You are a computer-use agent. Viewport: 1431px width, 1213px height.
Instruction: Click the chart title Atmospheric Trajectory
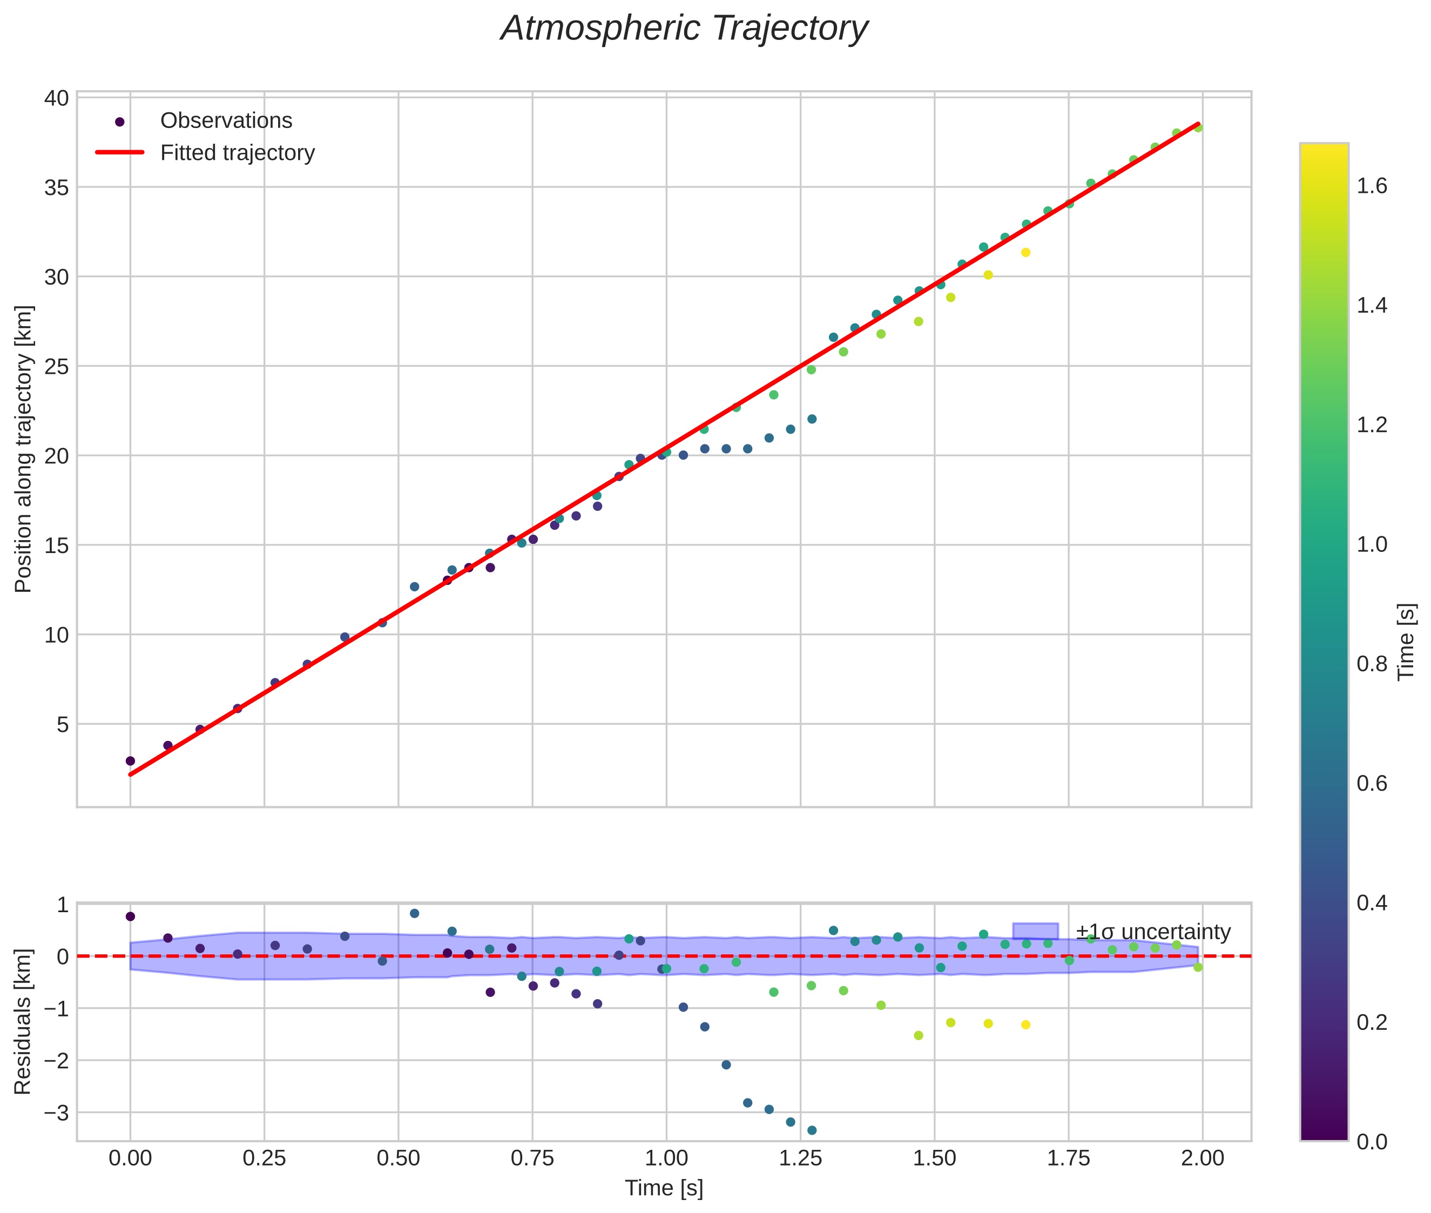pyautogui.click(x=684, y=29)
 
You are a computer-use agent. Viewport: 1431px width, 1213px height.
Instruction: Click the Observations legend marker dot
pyautogui.click(x=120, y=122)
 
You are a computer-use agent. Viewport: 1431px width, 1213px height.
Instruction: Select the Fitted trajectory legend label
pyautogui.click(x=237, y=153)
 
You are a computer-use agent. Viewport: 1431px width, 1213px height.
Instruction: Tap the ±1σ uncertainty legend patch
pyautogui.click(x=1035, y=932)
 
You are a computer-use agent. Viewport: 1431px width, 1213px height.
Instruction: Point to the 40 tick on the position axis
pyautogui.click(x=56, y=98)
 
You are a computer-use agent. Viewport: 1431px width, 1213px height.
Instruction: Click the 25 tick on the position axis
pyautogui.click(x=56, y=367)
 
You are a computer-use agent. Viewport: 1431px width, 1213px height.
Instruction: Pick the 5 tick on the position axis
pyautogui.click(x=63, y=724)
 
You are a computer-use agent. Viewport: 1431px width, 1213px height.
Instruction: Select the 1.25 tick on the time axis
pyautogui.click(x=800, y=1158)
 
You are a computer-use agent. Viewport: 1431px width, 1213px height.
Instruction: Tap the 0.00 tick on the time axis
pyautogui.click(x=130, y=1158)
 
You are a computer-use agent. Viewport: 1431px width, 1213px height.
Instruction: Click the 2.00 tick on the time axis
pyautogui.click(x=1202, y=1158)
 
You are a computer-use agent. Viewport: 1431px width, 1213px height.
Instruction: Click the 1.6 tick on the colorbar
pyautogui.click(x=1372, y=186)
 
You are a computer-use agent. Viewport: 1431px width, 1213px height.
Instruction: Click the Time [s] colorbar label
pyautogui.click(x=1407, y=642)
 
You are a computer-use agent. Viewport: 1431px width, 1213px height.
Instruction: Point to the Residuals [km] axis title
pyautogui.click(x=23, y=1021)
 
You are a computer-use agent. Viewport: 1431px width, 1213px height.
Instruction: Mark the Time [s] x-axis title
pyautogui.click(x=664, y=1188)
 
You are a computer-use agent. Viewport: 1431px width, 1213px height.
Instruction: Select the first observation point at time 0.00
pyautogui.click(x=130, y=761)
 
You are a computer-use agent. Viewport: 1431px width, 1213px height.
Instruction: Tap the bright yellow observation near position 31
pyautogui.click(x=1025, y=252)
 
